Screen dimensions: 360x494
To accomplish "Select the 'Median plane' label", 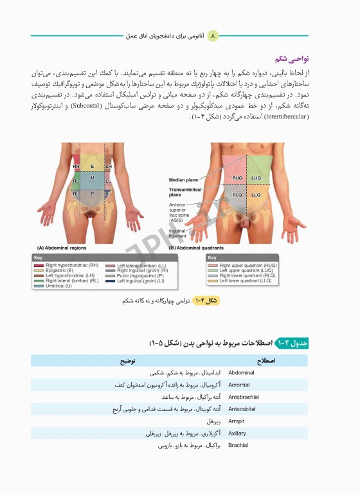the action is point(183,179).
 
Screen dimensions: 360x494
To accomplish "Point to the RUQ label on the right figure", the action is point(237,178).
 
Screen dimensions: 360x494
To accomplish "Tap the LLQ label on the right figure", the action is point(256,194).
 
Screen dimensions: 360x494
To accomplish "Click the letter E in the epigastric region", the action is point(92,166).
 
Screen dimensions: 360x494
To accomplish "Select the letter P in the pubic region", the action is point(92,193).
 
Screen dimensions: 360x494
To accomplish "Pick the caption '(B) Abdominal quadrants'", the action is point(196,248).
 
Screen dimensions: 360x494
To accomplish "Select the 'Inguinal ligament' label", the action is point(177,233).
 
